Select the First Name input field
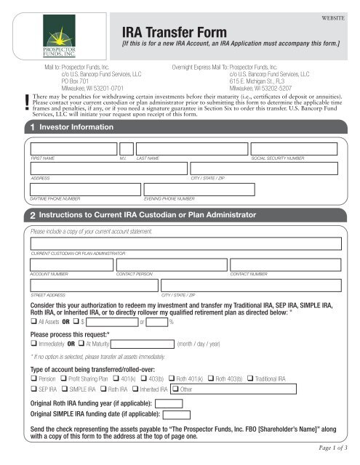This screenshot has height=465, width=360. [x=71, y=149]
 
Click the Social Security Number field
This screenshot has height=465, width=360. [x=291, y=149]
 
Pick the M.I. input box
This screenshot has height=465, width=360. [x=127, y=149]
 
